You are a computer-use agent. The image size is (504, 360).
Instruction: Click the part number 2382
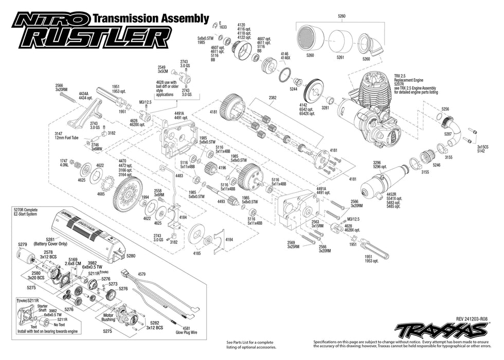(272, 97)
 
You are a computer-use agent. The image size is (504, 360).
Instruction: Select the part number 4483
(179, 176)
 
